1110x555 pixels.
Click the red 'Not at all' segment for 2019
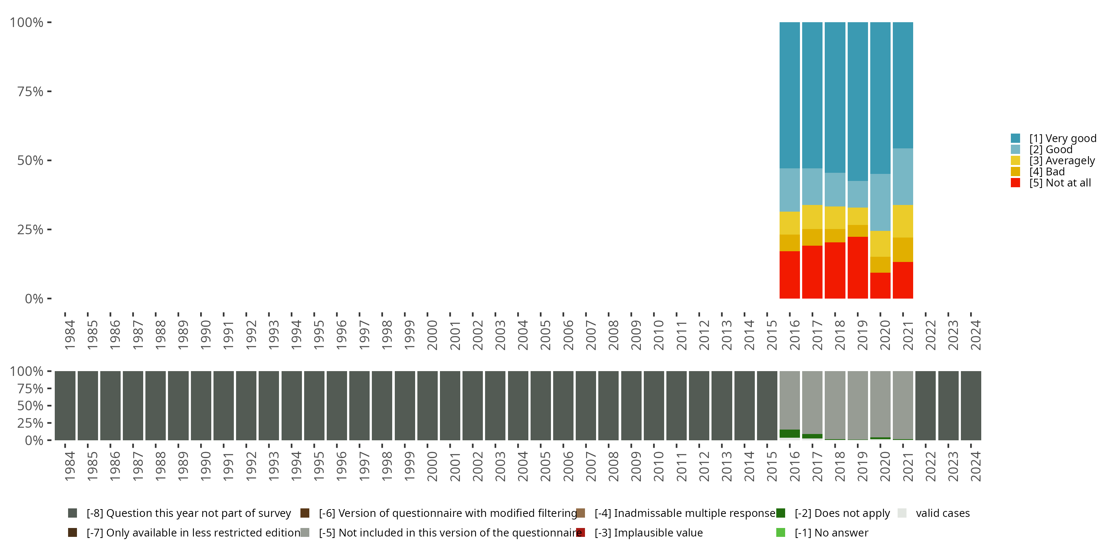pyautogui.click(x=858, y=268)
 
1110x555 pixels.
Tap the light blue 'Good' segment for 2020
pyautogui.click(x=880, y=202)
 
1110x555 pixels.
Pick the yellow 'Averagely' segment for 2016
pyautogui.click(x=790, y=223)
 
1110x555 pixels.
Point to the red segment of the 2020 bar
pyautogui.click(x=880, y=285)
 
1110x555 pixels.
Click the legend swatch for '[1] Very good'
pyautogui.click(x=1016, y=138)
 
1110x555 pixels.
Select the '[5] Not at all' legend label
pyautogui.click(x=1060, y=183)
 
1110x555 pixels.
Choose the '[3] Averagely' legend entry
pyautogui.click(x=1062, y=161)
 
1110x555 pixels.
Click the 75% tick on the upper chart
pyautogui.click(x=30, y=91)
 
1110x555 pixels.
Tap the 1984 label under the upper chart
pyautogui.click(x=70, y=335)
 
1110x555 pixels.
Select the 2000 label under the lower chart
pyautogui.click(x=432, y=466)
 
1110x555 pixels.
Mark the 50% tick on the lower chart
pyautogui.click(x=30, y=406)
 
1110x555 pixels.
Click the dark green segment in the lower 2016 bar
pyautogui.click(x=790, y=434)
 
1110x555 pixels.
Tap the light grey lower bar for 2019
pyautogui.click(x=858, y=405)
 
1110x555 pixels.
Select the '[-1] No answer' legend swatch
pyautogui.click(x=781, y=532)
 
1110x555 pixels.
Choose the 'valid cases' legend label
pyautogui.click(x=942, y=513)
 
